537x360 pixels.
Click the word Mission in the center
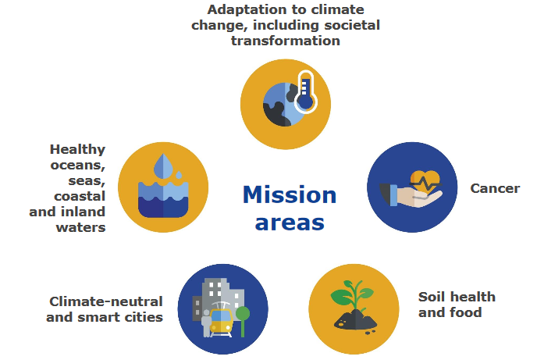290,195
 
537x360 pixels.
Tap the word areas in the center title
290,223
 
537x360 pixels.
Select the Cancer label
495,188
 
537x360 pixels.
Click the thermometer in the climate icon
305,92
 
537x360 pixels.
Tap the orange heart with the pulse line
425,182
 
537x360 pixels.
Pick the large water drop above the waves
163,166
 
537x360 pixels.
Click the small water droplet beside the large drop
179,175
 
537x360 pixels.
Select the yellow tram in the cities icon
222,321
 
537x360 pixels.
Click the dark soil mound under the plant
355,320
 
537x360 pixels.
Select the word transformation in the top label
286,41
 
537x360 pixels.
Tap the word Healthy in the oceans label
78,150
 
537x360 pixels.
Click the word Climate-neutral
106,301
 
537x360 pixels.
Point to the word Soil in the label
431,297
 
